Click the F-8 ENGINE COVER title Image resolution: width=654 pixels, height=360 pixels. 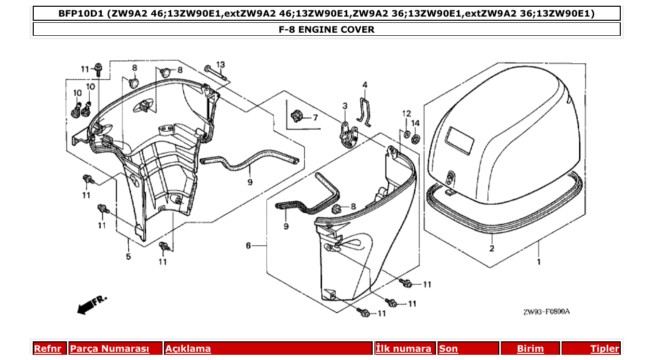[326, 30]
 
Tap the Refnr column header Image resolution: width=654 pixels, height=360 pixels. [47, 349]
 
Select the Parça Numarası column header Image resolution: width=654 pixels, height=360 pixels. [110, 349]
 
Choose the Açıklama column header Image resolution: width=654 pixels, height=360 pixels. [188, 349]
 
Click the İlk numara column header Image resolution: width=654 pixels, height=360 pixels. [403, 349]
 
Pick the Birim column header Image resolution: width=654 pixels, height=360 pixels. [530, 349]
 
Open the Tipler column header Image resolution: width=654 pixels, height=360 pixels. [604, 349]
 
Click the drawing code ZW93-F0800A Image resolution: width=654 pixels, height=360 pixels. [546, 312]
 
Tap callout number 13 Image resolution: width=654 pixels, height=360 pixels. [221, 65]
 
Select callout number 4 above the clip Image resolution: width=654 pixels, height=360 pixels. [365, 85]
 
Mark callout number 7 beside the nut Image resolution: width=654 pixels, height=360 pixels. [315, 118]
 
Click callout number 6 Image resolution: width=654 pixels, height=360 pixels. [248, 245]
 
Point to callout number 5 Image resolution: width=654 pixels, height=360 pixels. [128, 256]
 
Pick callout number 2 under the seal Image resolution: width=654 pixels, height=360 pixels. [491, 249]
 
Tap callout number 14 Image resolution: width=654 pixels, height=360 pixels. [415, 123]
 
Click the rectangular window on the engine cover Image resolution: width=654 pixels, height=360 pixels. [461, 141]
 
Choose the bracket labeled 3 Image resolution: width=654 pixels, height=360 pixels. [347, 134]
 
